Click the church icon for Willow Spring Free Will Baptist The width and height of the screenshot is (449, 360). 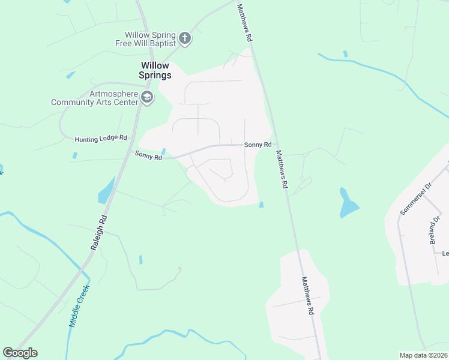click(185, 39)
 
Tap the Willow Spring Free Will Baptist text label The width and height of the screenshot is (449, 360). click(150, 39)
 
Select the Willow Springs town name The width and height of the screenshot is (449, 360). click(155, 70)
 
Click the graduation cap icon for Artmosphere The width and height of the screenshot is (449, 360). click(146, 97)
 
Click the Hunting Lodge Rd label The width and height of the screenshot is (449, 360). click(101, 139)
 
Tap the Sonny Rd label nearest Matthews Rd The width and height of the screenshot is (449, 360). click(258, 145)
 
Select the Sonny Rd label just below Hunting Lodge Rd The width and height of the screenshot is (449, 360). click(148, 155)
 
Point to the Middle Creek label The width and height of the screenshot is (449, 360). click(79, 305)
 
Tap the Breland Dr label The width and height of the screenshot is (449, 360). click(435, 230)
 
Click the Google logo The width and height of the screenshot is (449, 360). click(20, 353)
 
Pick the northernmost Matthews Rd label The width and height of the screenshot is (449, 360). click(244, 22)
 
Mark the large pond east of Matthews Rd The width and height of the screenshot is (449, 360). click(348, 205)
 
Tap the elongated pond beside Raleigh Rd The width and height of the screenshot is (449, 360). click(106, 190)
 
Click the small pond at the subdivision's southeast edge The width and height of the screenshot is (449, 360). click(261, 205)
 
